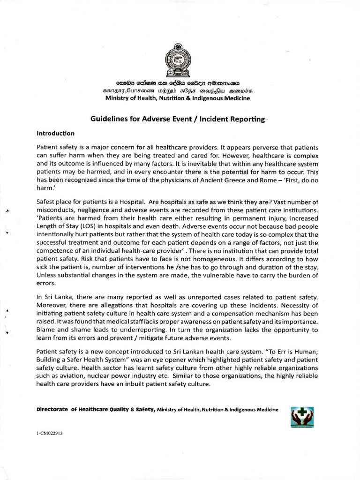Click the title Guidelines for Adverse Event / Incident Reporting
[178, 120]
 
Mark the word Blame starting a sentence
[46, 330]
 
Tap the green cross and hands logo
[302, 416]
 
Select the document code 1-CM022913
[49, 434]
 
